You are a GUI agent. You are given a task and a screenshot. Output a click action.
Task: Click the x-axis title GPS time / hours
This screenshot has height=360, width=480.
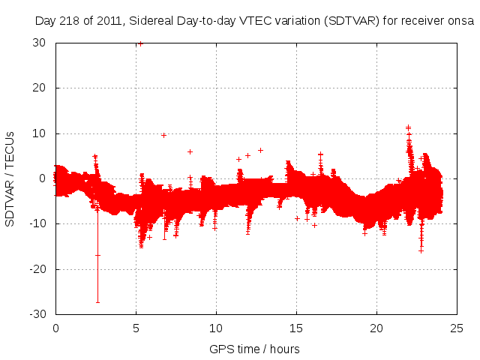(254, 349)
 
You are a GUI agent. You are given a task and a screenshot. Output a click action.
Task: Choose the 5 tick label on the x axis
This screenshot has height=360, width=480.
(136, 328)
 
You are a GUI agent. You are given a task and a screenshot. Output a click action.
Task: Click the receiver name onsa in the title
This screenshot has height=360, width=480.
(462, 21)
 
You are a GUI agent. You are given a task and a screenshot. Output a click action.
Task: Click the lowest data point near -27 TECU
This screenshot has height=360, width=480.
(97, 301)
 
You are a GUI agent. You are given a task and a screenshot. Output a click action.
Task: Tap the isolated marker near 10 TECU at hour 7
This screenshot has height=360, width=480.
(163, 135)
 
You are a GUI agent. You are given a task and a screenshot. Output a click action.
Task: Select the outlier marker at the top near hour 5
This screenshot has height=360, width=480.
(139, 43)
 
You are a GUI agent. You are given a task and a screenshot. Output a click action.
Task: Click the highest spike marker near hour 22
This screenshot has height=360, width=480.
(408, 127)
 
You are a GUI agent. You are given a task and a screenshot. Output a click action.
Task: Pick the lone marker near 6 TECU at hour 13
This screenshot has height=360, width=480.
(260, 150)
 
